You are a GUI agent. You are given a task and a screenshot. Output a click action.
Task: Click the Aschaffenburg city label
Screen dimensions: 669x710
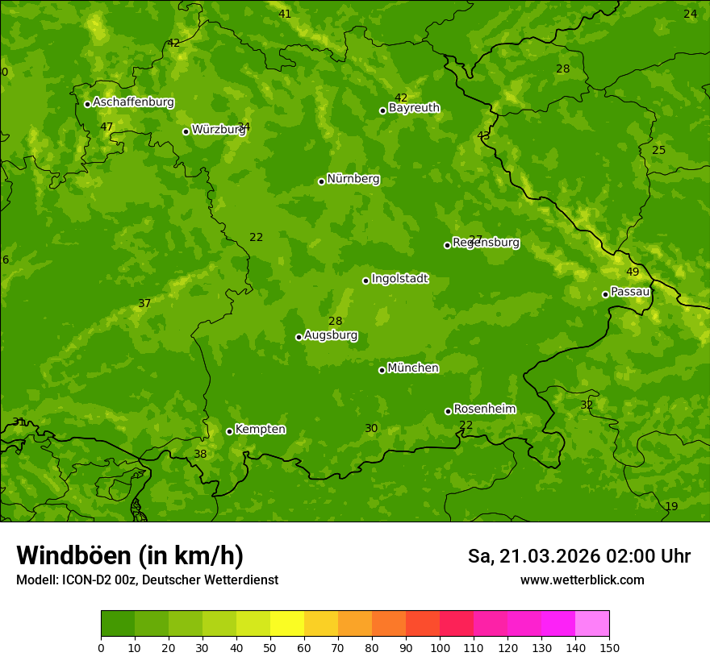(133, 102)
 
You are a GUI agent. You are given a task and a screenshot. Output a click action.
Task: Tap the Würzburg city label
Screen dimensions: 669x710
(218, 130)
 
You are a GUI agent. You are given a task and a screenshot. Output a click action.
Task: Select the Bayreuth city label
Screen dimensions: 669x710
(414, 108)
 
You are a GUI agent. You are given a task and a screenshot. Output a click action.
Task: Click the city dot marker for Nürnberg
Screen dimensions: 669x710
(321, 181)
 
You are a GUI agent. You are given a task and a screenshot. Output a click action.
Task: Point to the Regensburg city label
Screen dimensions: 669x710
(486, 243)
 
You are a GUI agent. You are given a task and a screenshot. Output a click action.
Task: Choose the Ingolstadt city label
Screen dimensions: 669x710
(399, 279)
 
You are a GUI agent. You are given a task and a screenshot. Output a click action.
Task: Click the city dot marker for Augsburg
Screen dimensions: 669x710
(299, 337)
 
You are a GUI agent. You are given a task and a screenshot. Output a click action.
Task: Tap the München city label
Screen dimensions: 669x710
(413, 368)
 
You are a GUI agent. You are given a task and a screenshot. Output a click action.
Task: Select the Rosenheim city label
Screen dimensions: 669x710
(484, 409)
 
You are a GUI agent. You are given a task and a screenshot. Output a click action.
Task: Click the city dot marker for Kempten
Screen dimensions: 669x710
(229, 431)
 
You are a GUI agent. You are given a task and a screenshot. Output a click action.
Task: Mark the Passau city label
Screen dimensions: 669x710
(630, 292)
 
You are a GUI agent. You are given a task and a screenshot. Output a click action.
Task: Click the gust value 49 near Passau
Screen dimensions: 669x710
(633, 272)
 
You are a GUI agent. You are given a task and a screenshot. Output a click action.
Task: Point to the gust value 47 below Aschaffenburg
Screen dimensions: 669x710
(106, 127)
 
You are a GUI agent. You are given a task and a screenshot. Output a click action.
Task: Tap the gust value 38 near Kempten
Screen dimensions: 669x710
(200, 455)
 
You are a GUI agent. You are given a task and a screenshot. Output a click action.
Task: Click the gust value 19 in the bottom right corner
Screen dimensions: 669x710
(671, 507)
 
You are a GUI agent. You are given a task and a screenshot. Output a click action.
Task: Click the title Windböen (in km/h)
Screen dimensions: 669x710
(130, 556)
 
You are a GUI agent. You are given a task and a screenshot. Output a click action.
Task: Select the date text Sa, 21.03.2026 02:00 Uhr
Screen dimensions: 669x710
(578, 557)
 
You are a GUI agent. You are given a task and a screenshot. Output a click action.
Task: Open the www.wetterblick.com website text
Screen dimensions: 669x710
(582, 580)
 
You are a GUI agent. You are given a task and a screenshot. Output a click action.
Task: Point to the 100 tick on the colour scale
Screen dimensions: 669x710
(440, 647)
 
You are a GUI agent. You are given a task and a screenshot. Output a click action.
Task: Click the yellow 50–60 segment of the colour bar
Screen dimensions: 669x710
(287, 624)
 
